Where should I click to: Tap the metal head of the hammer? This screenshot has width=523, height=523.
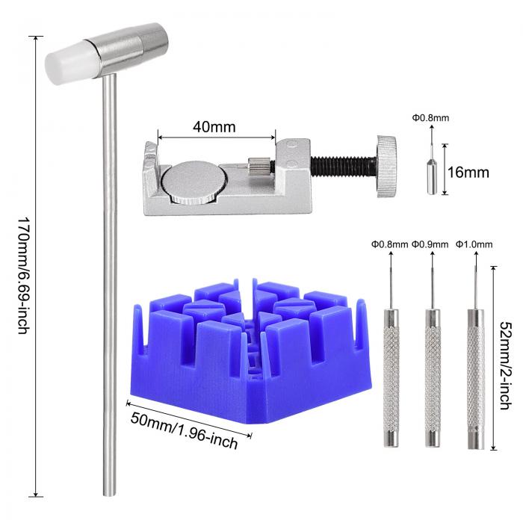pyautogui.click(x=127, y=49)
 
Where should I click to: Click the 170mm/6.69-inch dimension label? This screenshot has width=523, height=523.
pyautogui.click(x=24, y=276)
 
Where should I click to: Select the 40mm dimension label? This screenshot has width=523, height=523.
pyautogui.click(x=214, y=127)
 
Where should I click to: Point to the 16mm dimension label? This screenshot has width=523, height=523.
pyautogui.click(x=468, y=173)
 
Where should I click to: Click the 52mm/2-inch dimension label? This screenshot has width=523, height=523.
pyautogui.click(x=505, y=365)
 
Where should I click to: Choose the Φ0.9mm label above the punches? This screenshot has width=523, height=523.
pyautogui.click(x=430, y=244)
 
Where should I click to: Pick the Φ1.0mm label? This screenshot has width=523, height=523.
pyautogui.click(x=474, y=244)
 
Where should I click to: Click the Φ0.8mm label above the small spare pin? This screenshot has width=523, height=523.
pyautogui.click(x=430, y=118)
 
